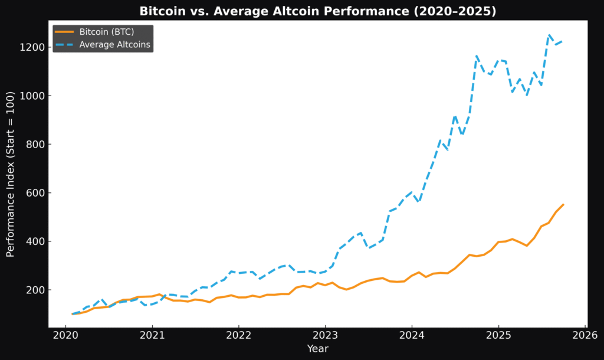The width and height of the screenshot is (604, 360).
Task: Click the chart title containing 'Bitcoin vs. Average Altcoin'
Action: (x=317, y=11)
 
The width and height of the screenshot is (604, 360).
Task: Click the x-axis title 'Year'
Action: (x=317, y=349)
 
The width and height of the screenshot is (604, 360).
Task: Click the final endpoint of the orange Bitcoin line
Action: (x=563, y=204)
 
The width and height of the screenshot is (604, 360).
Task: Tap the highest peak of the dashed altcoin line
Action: (x=549, y=35)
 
